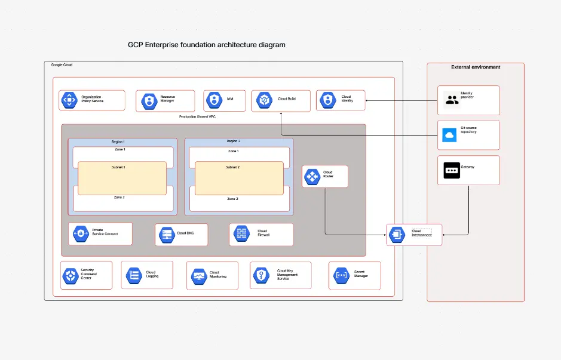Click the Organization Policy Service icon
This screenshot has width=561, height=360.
(69, 100)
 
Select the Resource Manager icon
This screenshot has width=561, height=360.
(148, 100)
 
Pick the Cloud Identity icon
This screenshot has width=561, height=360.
(326, 100)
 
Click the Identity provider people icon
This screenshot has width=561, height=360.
(452, 100)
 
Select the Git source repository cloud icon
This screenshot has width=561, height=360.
(449, 135)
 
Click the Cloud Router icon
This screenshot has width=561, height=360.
(312, 176)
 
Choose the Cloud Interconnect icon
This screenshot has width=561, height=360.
(397, 235)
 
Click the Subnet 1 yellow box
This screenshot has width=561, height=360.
(122, 177)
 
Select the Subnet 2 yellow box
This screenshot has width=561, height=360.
(239, 177)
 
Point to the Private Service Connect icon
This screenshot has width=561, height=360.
(79, 233)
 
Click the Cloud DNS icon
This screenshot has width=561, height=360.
(166, 235)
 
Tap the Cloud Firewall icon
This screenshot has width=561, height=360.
(241, 234)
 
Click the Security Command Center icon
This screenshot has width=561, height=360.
(71, 275)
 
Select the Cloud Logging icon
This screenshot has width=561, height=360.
(133, 275)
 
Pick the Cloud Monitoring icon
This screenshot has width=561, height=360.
(199, 276)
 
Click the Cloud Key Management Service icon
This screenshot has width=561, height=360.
(262, 275)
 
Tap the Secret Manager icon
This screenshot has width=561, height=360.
(341, 275)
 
